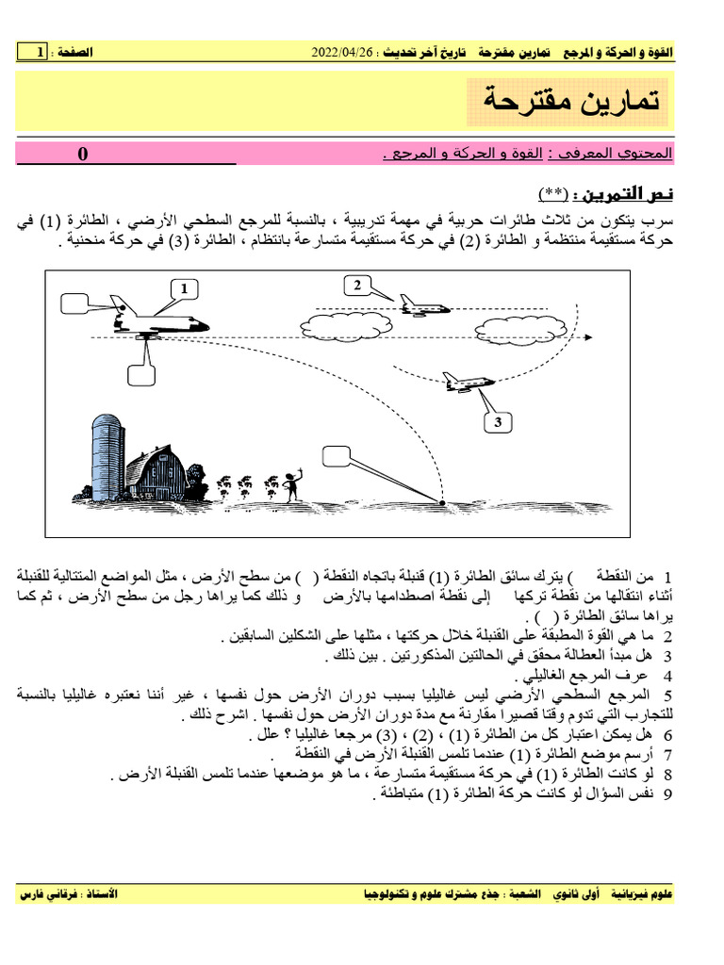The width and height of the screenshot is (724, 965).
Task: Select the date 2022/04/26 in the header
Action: pyautogui.click(x=343, y=52)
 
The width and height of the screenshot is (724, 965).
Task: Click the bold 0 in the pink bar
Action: pyautogui.click(x=83, y=155)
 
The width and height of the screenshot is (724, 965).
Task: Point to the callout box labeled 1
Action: pyautogui.click(x=186, y=287)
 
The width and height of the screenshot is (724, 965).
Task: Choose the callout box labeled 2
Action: pyautogui.click(x=357, y=286)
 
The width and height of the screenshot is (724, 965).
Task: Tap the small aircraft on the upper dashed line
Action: pyautogui.click(x=421, y=304)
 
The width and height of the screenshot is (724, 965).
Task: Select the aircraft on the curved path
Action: pyautogui.click(x=468, y=382)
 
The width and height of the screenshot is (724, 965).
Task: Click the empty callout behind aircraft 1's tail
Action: pyautogui.click(x=75, y=303)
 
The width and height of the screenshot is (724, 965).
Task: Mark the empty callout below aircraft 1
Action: pyautogui.click(x=141, y=373)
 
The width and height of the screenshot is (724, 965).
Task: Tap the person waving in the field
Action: pyautogui.click(x=292, y=484)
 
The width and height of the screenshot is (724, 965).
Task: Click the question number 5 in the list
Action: pyautogui.click(x=666, y=695)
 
